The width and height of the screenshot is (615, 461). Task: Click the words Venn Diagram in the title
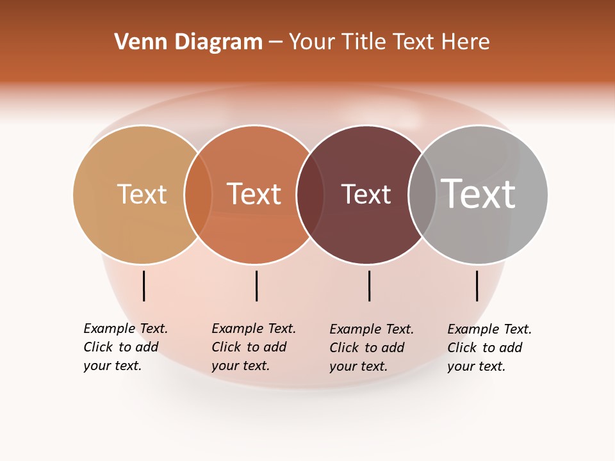coord(188,42)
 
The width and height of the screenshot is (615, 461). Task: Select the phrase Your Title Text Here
coord(389,42)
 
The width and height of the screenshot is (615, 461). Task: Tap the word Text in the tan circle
coord(142,194)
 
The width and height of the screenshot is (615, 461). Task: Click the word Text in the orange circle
coord(254,194)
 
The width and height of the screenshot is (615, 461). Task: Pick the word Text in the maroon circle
coord(366,194)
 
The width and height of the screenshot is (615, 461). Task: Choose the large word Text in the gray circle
coord(479,193)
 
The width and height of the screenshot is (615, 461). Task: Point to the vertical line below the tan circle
coord(144,286)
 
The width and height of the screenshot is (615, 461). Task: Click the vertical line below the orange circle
coord(256,286)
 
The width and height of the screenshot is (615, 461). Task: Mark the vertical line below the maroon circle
coord(369,286)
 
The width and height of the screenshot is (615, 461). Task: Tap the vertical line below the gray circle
coord(477,286)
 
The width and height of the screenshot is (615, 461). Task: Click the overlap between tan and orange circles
coord(198,195)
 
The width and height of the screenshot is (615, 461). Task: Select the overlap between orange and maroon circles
coord(309,195)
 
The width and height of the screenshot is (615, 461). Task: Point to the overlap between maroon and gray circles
coord(422,195)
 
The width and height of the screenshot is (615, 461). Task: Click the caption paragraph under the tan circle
coord(126,347)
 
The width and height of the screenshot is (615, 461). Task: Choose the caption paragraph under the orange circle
coord(254,347)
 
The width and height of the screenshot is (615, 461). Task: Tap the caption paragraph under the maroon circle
coord(372,348)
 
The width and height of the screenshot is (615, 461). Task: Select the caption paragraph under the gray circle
coord(489,348)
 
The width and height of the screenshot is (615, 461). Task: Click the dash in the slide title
coord(275,42)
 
